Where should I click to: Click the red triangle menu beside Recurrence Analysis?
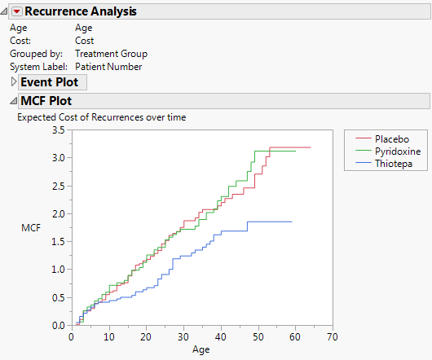[15, 11]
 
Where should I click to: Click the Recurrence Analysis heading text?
[81, 11]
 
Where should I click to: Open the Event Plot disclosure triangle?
[12, 82]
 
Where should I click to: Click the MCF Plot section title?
[46, 102]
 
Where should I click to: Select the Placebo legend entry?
[391, 138]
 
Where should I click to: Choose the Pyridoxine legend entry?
[395, 151]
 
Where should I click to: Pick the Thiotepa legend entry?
[393, 164]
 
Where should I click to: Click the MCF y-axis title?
[30, 227]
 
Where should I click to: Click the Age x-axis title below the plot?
[201, 350]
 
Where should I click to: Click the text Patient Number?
[108, 66]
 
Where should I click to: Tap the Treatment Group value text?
[111, 54]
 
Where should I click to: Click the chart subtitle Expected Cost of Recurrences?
[102, 117]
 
